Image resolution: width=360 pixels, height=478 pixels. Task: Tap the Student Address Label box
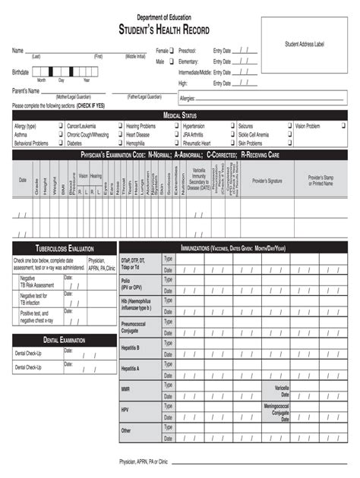tap(304, 46)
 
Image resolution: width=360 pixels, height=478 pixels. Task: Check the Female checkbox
tap(172, 51)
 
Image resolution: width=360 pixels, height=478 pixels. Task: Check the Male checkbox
tap(172, 61)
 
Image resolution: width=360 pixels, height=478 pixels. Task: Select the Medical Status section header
tap(179, 115)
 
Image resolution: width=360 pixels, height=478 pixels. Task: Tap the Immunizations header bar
tap(233, 248)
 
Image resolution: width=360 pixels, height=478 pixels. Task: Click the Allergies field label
tap(188, 99)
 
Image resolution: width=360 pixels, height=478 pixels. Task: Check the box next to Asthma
tap(59, 134)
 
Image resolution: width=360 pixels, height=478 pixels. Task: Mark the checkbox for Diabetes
tap(119, 143)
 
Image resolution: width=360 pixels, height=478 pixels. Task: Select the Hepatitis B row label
tap(131, 347)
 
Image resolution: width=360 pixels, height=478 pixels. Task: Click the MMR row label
tap(126, 388)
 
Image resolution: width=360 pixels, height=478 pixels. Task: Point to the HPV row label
tap(125, 410)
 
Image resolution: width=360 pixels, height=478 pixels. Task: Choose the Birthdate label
tap(21, 72)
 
